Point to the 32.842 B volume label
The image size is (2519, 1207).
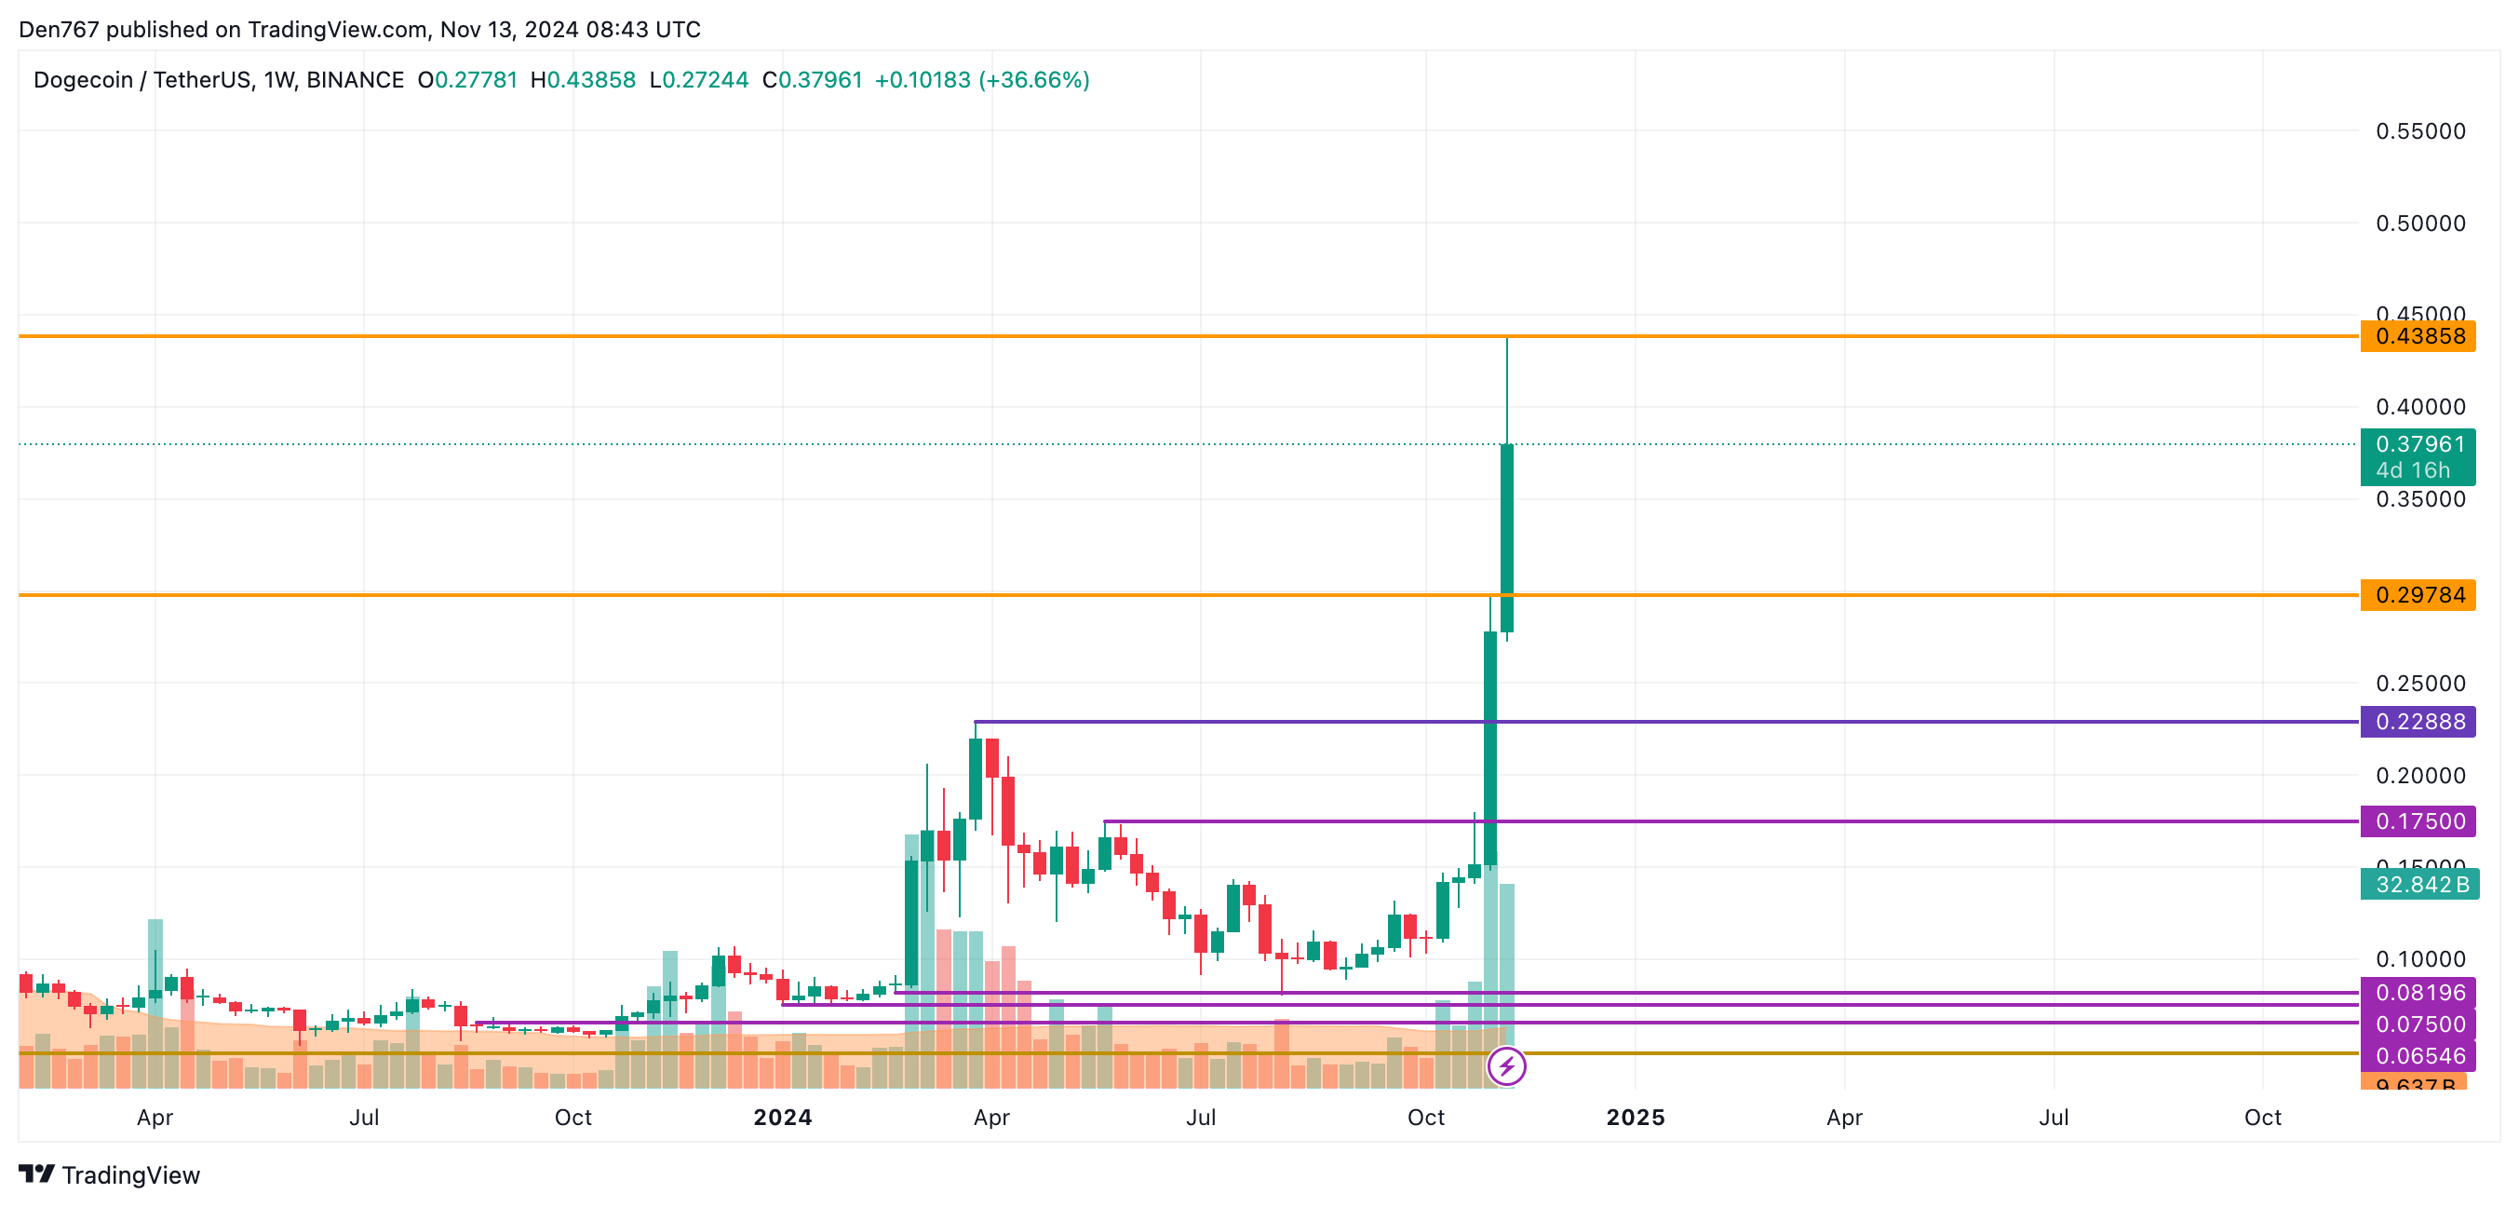pos(2419,885)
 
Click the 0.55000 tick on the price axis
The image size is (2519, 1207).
pos(2420,131)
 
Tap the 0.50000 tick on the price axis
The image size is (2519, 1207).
pos(2420,223)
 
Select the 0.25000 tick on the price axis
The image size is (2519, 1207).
pos(2420,684)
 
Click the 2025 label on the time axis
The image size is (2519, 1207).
pos(1635,1118)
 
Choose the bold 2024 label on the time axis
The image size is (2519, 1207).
pos(782,1118)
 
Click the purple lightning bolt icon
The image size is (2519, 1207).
pos(1506,1066)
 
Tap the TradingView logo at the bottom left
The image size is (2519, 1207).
pos(110,1174)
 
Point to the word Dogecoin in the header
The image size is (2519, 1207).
pos(83,80)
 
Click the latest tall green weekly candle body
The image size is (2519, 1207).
pos(1507,538)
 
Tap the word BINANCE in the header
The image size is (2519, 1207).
pos(355,80)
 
